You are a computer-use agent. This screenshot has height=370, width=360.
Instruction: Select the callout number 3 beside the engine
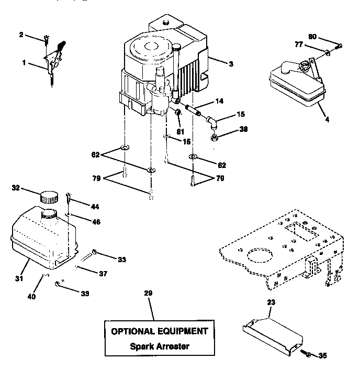(230, 63)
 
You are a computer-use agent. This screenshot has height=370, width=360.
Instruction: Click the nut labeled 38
(215, 138)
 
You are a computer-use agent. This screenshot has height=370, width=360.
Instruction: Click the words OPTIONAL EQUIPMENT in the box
(159, 331)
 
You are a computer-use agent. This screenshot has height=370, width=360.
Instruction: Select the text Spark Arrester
(159, 346)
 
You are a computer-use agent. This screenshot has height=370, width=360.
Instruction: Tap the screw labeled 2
(47, 38)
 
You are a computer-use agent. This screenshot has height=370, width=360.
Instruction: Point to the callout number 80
(312, 37)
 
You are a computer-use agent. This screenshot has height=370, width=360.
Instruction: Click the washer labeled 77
(328, 52)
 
